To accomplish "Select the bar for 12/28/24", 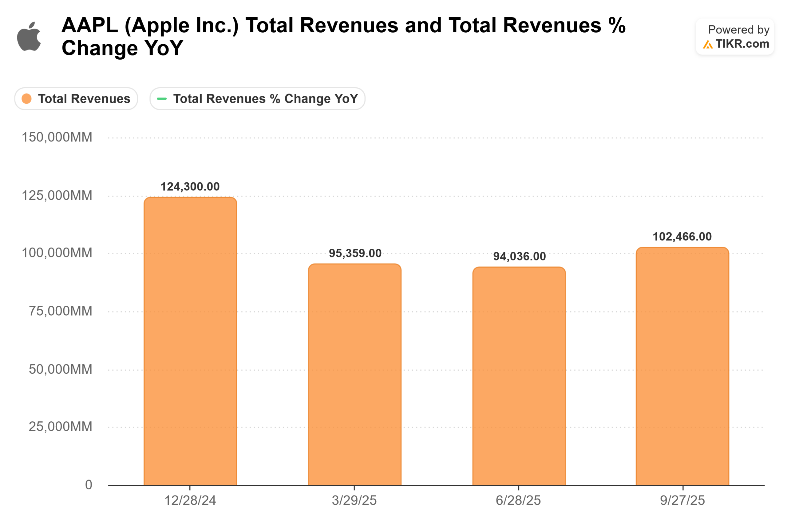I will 190,341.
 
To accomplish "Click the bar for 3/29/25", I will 355,375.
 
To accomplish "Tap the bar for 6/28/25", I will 519,377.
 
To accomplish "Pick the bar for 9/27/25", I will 682,367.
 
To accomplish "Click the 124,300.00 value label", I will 190,187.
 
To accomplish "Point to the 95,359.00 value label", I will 355,253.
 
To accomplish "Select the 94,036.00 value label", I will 519,257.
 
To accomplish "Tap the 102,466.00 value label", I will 682,237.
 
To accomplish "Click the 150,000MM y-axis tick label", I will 57,137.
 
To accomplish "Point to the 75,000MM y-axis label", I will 60,311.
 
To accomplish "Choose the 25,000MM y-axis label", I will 60,427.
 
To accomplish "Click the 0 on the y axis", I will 88,485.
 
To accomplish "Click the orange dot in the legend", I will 26,99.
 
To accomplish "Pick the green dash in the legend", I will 162,99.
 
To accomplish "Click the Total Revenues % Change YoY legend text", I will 265,99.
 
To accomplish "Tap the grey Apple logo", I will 30,37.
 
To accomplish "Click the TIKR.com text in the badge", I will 742,44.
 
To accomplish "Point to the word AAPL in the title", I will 90,26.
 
